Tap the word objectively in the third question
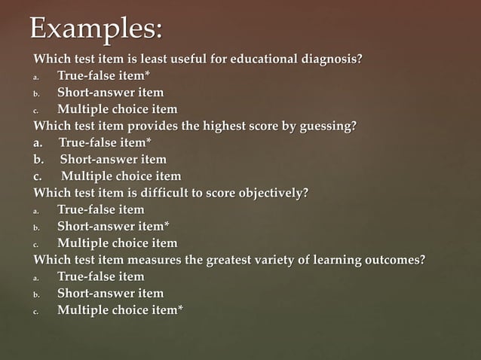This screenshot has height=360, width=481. coord(271,193)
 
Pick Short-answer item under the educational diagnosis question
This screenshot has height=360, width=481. coord(110,93)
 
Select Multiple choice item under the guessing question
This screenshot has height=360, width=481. coord(121,176)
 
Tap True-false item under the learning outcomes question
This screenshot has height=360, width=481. coord(101,276)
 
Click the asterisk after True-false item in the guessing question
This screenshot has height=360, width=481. coord(149,141)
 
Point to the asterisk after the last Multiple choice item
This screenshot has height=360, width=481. coord(180,308)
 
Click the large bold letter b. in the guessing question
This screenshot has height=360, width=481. coord(38,160)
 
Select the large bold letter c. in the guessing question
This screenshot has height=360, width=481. coord(38,176)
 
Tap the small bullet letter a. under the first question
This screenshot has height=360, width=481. coord(35,77)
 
